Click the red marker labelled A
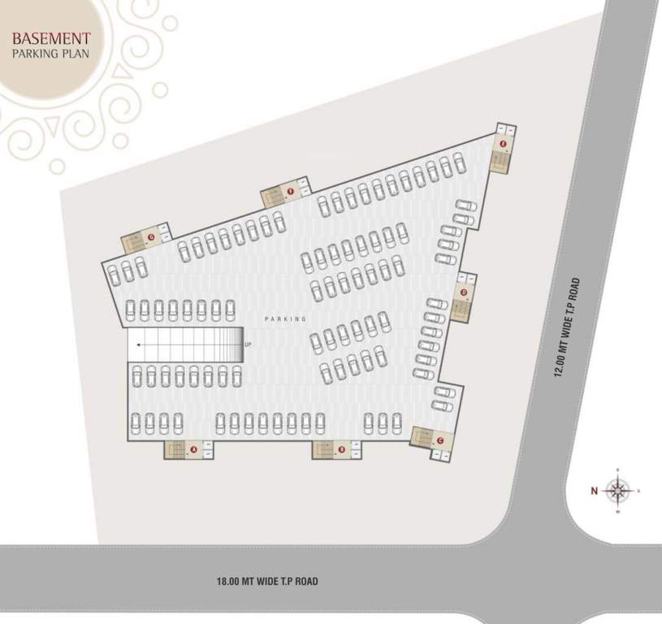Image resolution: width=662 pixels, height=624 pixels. click(x=194, y=448)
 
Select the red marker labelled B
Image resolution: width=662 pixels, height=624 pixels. click(x=342, y=448)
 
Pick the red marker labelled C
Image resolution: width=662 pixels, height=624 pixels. click(x=439, y=440)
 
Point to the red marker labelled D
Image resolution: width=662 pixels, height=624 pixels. click(x=464, y=292)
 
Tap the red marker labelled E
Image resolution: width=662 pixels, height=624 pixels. click(x=504, y=145)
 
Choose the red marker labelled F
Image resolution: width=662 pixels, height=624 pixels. click(x=290, y=192)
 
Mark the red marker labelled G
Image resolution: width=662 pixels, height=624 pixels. click(x=151, y=236)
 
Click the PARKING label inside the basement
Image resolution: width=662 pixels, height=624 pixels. click(x=284, y=319)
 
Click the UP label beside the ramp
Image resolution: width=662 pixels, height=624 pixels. click(x=247, y=345)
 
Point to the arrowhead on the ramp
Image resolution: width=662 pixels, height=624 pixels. click(x=140, y=345)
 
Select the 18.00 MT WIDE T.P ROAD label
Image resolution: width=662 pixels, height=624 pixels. click(x=267, y=581)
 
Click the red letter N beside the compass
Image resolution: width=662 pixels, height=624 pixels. click(x=594, y=490)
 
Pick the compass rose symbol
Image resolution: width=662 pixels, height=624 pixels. click(x=619, y=490)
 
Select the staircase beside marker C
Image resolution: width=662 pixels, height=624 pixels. click(x=423, y=439)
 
